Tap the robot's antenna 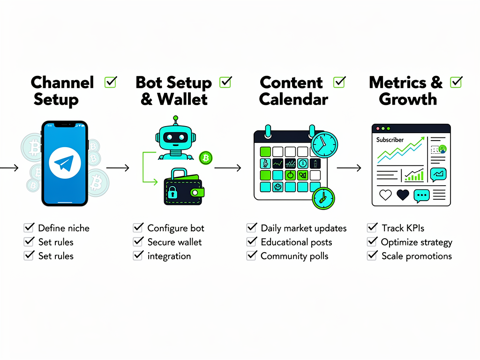(x=176, y=121)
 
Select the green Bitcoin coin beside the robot (x=205, y=158)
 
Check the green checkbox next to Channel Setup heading (x=111, y=82)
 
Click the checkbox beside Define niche (x=29, y=228)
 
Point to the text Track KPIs (x=403, y=228)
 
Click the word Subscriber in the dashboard (x=390, y=140)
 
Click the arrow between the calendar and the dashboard (x=349, y=167)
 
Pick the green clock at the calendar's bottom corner (x=323, y=198)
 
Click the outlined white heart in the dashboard (x=385, y=195)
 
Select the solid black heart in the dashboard (x=403, y=195)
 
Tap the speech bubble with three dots (x=421, y=196)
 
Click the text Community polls (x=294, y=256)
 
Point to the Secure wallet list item (x=174, y=242)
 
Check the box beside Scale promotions (x=373, y=255)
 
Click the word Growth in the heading (x=407, y=99)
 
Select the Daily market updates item (x=303, y=228)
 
